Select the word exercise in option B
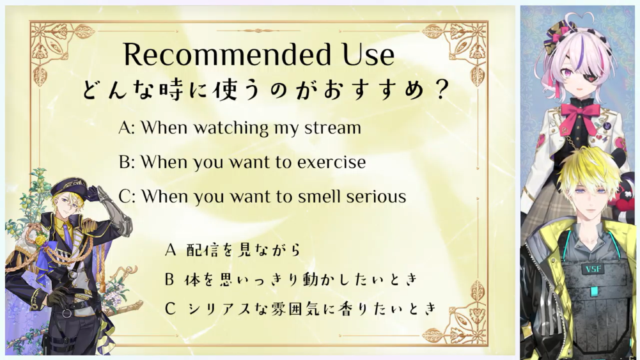(331, 162)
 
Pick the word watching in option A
(231, 128)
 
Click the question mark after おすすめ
(441, 90)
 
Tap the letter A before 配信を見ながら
(170, 249)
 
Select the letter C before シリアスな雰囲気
(170, 309)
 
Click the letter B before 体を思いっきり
(170, 279)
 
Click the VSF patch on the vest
(593, 269)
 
